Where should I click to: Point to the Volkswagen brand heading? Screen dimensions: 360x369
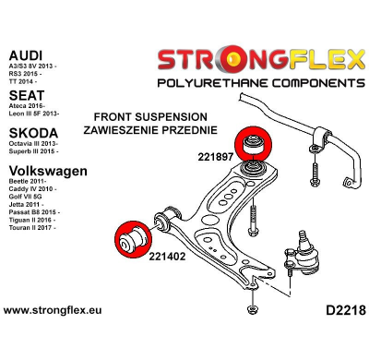click(x=48, y=171)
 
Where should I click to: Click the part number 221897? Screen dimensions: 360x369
click(x=214, y=156)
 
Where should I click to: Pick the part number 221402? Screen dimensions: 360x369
click(x=167, y=257)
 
